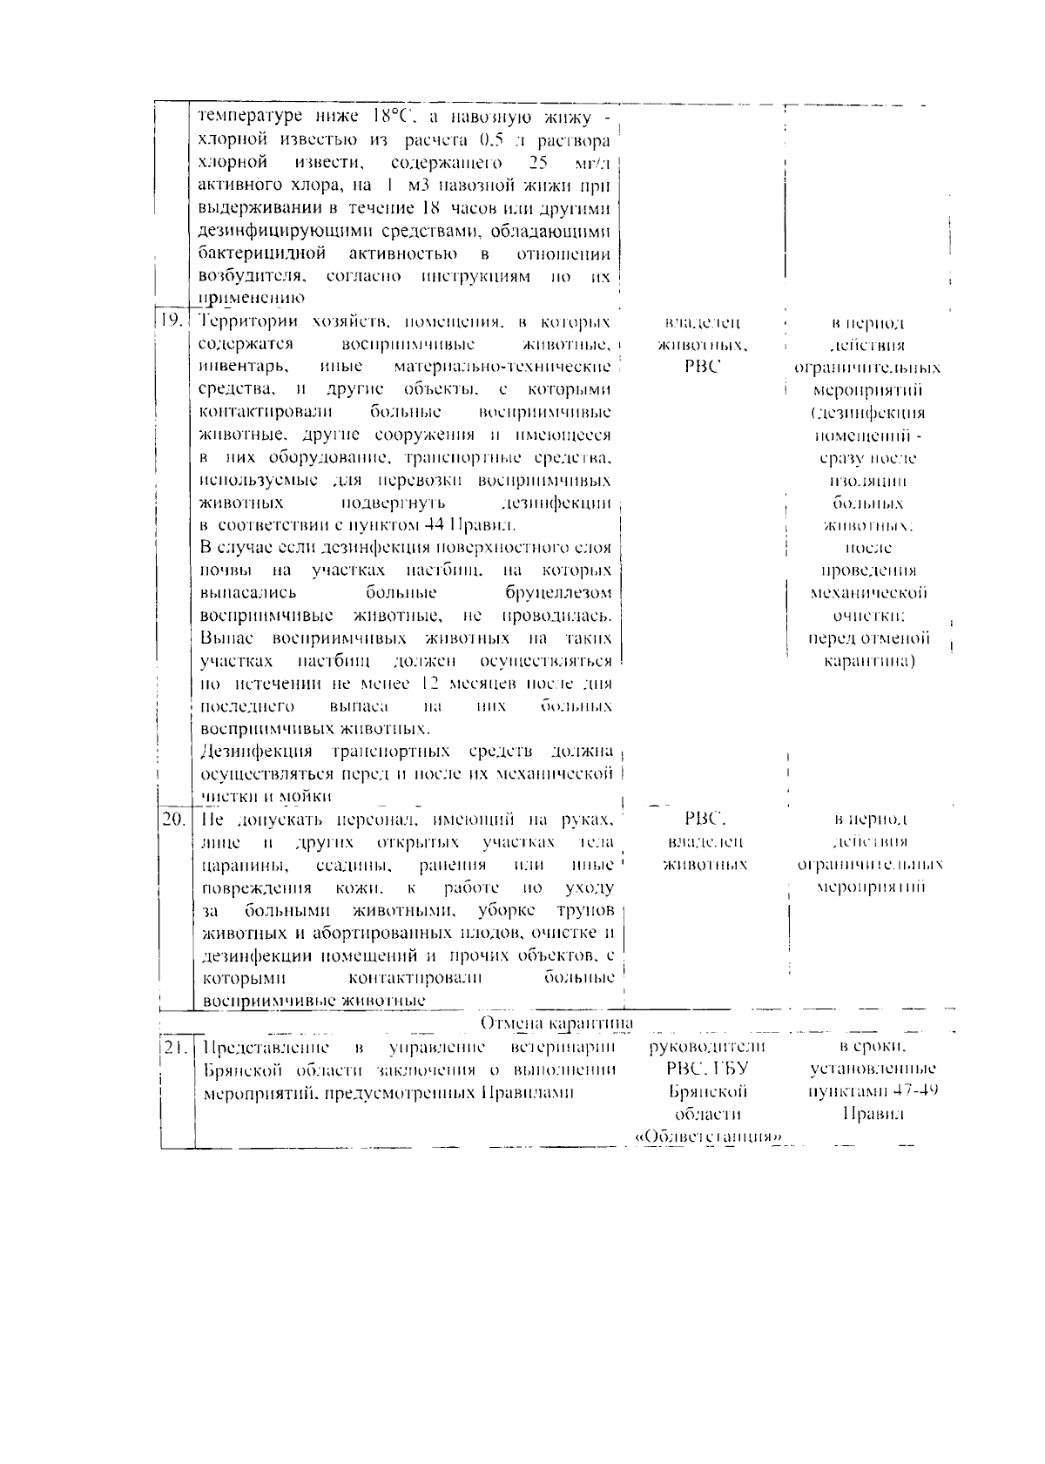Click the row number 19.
(x=171, y=319)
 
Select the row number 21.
(x=173, y=1048)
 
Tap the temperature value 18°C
(x=386, y=117)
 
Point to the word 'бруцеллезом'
(x=557, y=593)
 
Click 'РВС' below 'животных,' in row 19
(x=704, y=368)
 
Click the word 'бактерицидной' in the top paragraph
(x=262, y=253)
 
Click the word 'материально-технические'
(x=502, y=368)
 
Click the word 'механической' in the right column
(x=868, y=593)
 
